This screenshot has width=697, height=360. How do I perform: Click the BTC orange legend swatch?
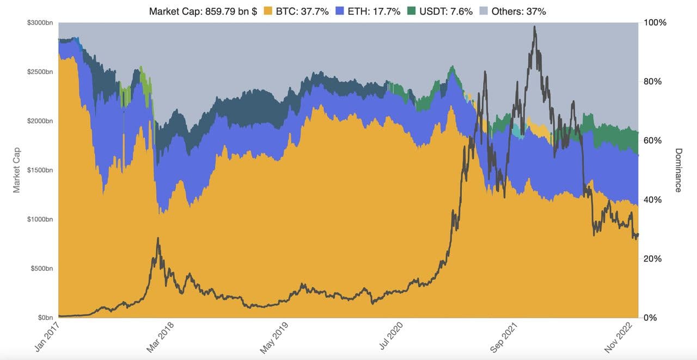(268, 11)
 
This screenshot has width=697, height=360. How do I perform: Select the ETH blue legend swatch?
(340, 11)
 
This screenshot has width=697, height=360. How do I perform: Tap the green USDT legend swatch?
(412, 11)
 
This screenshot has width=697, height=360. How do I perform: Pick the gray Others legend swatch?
(483, 11)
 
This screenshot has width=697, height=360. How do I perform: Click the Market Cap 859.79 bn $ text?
(203, 11)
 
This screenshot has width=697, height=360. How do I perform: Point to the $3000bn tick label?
(40, 23)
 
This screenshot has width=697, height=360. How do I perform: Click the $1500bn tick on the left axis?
(40, 170)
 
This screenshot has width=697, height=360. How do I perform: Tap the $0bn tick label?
(44, 318)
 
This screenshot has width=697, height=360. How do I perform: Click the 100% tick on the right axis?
(655, 23)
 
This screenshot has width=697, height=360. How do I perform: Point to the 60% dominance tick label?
(653, 141)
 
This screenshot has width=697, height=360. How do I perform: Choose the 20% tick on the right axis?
(653, 259)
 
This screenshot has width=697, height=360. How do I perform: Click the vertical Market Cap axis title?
(16, 170)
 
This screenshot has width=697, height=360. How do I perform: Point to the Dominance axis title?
(678, 170)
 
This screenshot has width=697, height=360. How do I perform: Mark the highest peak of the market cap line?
(534, 27)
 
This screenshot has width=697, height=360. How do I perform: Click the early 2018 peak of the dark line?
(158, 238)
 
